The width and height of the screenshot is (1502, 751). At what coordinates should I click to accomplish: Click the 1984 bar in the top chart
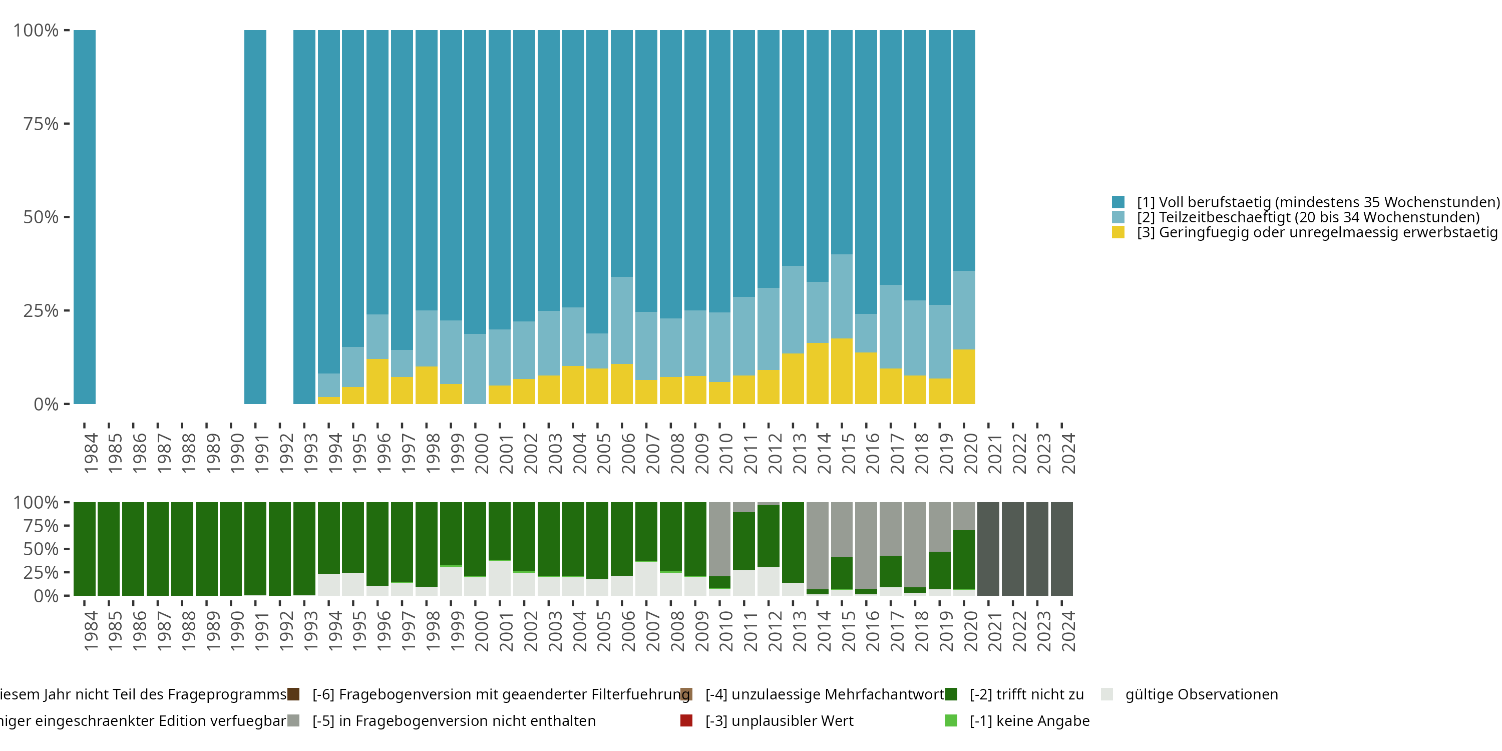tap(85, 217)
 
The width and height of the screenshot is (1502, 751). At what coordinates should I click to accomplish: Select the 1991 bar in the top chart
tap(255, 217)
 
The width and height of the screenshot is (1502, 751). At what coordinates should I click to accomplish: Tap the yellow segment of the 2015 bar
tap(842, 371)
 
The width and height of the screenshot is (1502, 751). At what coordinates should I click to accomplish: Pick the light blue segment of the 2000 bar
tap(475, 368)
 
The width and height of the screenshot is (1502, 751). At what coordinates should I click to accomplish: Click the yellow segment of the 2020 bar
tap(964, 377)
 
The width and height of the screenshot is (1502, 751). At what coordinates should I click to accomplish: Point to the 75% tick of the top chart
tap(67, 124)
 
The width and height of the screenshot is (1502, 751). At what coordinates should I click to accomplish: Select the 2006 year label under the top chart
tap(628, 453)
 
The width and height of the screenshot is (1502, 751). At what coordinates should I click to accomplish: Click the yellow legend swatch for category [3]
tap(1118, 232)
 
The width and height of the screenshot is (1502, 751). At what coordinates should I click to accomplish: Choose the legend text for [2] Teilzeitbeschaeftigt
tap(1308, 217)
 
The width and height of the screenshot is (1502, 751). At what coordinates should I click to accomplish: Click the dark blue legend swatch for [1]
tap(1118, 202)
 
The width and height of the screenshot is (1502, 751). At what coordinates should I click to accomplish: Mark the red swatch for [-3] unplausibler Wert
tap(686, 720)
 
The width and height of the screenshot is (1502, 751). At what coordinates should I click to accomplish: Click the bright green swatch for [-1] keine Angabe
tap(950, 720)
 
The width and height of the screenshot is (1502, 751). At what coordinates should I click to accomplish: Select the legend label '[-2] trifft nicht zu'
tap(1026, 694)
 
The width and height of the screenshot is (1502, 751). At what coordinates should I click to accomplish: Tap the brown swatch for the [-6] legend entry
tap(293, 694)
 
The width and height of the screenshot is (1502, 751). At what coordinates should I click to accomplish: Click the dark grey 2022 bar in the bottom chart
tap(1013, 549)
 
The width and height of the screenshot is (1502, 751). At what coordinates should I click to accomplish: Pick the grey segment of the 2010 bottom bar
tap(719, 539)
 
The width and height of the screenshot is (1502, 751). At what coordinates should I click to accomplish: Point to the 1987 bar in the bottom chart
tap(157, 549)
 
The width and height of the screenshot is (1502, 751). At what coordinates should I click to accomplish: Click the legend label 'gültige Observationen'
tap(1201, 694)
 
